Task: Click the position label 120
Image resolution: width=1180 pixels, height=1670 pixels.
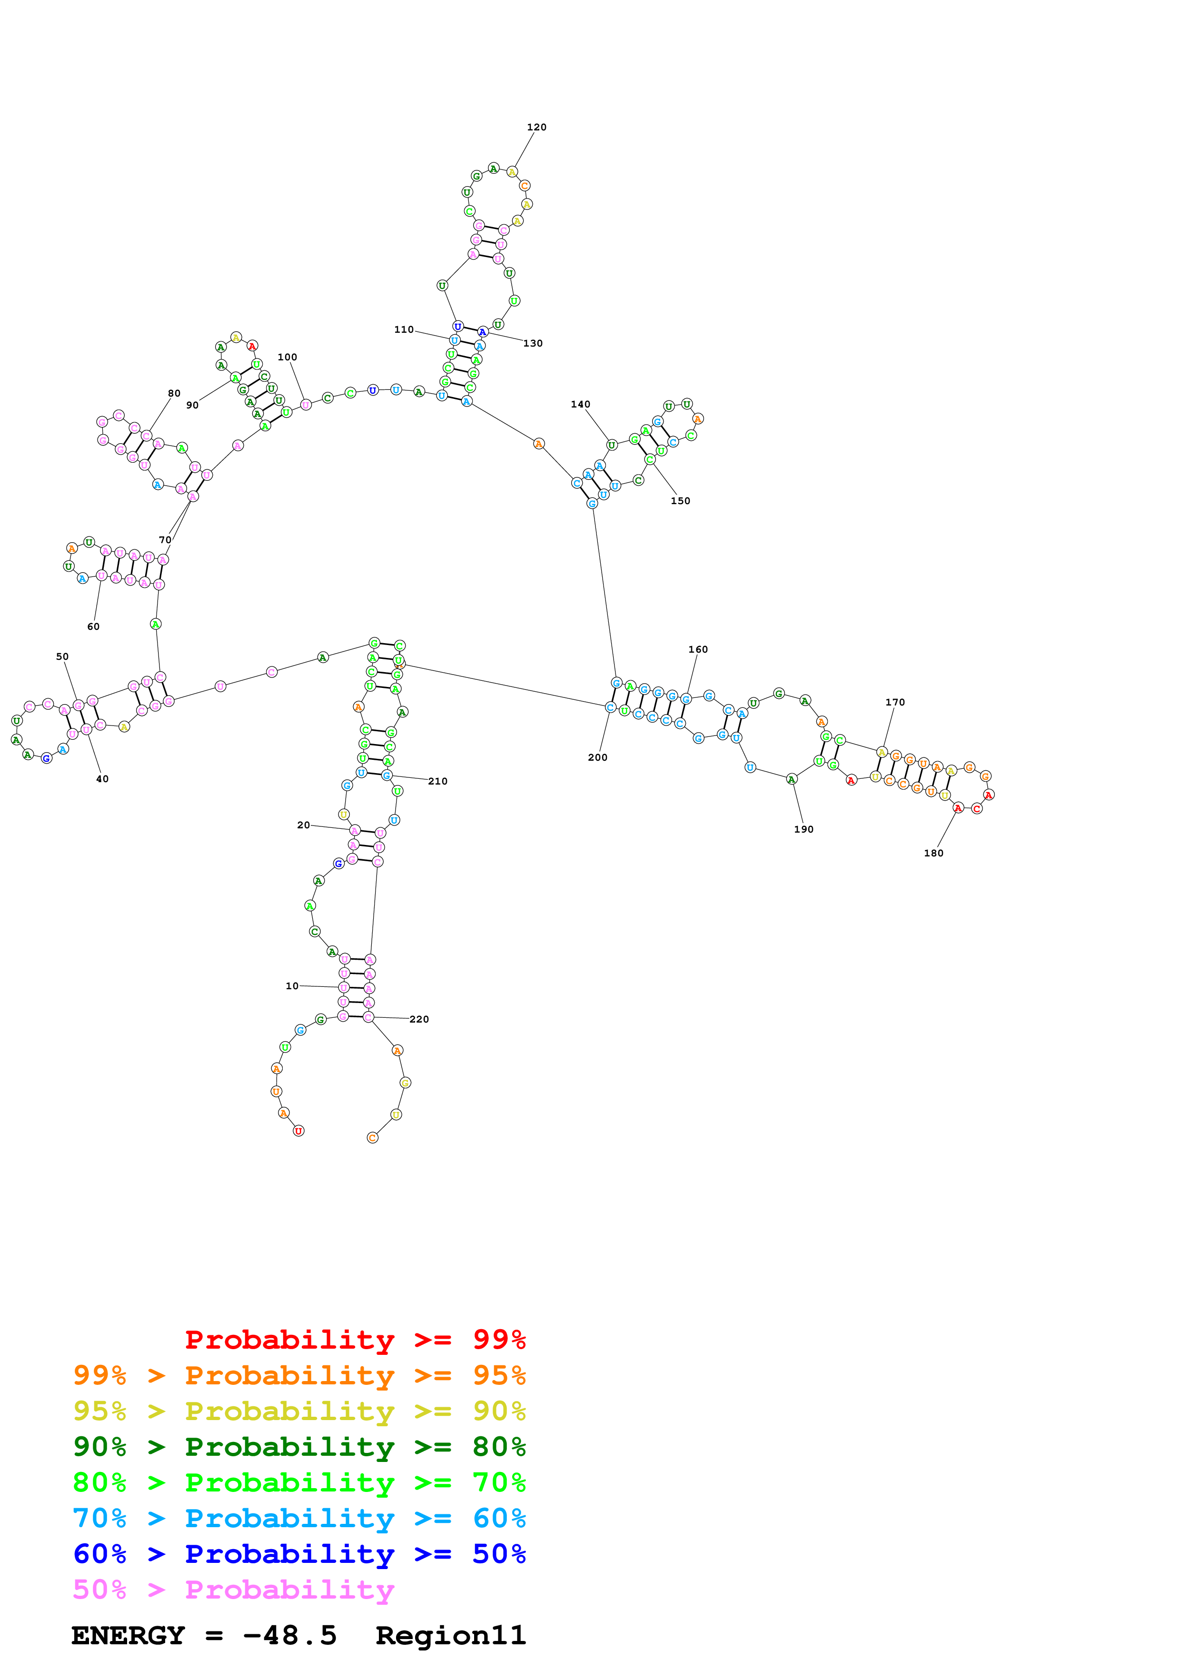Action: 536,127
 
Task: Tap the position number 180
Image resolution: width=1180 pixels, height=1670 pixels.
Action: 933,853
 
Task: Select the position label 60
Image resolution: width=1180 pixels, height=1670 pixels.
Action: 93,626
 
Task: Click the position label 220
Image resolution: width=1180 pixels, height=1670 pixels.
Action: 419,1019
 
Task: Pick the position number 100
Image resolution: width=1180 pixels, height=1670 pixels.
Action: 287,357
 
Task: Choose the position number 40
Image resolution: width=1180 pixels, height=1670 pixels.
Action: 102,779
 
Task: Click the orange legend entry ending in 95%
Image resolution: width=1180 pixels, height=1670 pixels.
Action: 299,1375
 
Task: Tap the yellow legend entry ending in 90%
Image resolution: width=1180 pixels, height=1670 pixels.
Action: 299,1411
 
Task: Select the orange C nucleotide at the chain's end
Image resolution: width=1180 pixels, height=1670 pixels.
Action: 372,1138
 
